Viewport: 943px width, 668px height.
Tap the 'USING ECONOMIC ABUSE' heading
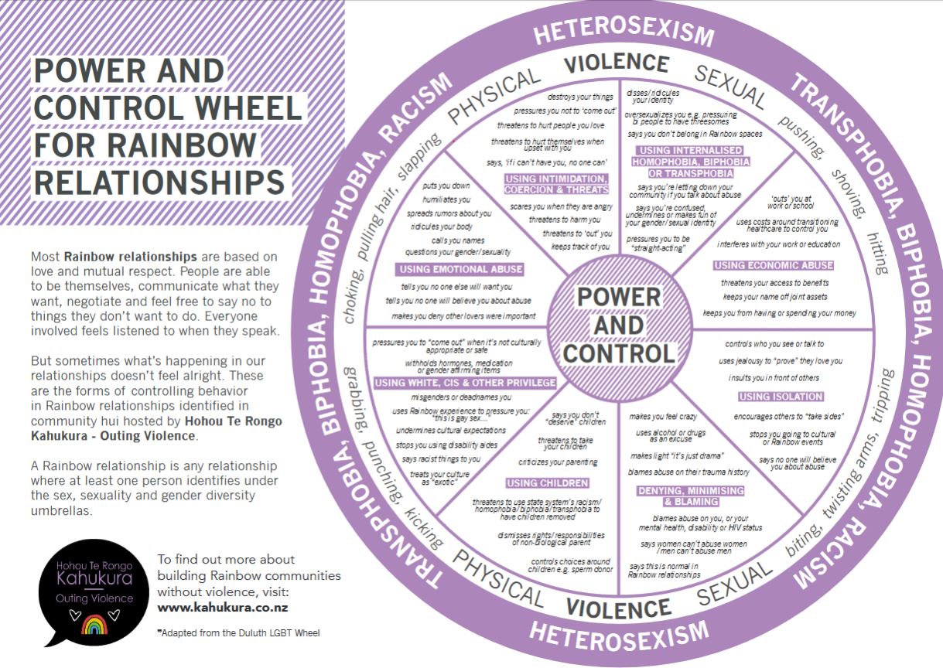point(774,265)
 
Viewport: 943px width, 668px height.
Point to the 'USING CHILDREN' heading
point(548,483)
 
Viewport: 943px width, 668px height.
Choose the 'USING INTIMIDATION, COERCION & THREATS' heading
point(556,184)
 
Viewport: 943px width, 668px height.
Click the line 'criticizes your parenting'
point(558,462)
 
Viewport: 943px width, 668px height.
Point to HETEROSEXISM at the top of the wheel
point(623,32)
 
